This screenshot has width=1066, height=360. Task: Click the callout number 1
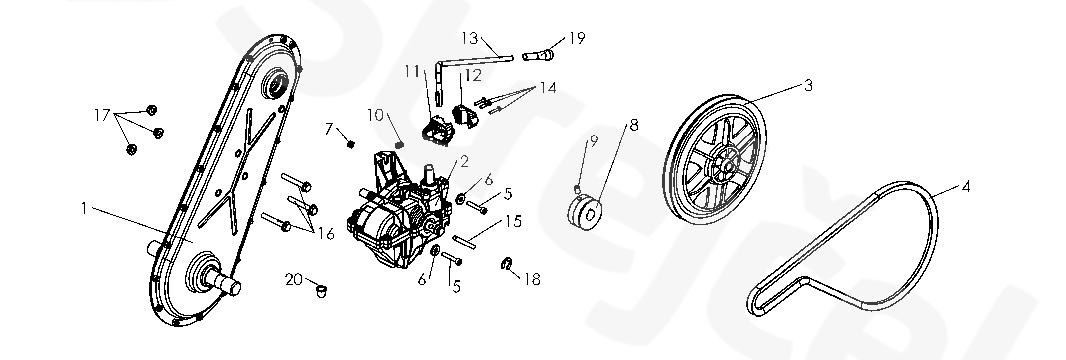pyautogui.click(x=84, y=209)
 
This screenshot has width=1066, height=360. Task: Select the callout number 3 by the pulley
pyautogui.click(x=808, y=86)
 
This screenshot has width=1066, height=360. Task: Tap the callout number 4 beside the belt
pyautogui.click(x=965, y=187)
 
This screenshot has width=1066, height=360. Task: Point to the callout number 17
pyautogui.click(x=102, y=115)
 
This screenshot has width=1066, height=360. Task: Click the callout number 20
pyautogui.click(x=294, y=280)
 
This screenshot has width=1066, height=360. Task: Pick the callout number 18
pyautogui.click(x=532, y=279)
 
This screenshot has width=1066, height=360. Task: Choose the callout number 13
pyautogui.click(x=470, y=38)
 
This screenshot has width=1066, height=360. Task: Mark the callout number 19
pyautogui.click(x=577, y=38)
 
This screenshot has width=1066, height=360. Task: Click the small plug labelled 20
pyautogui.click(x=321, y=291)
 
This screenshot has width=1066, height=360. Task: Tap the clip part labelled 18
pyautogui.click(x=506, y=264)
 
